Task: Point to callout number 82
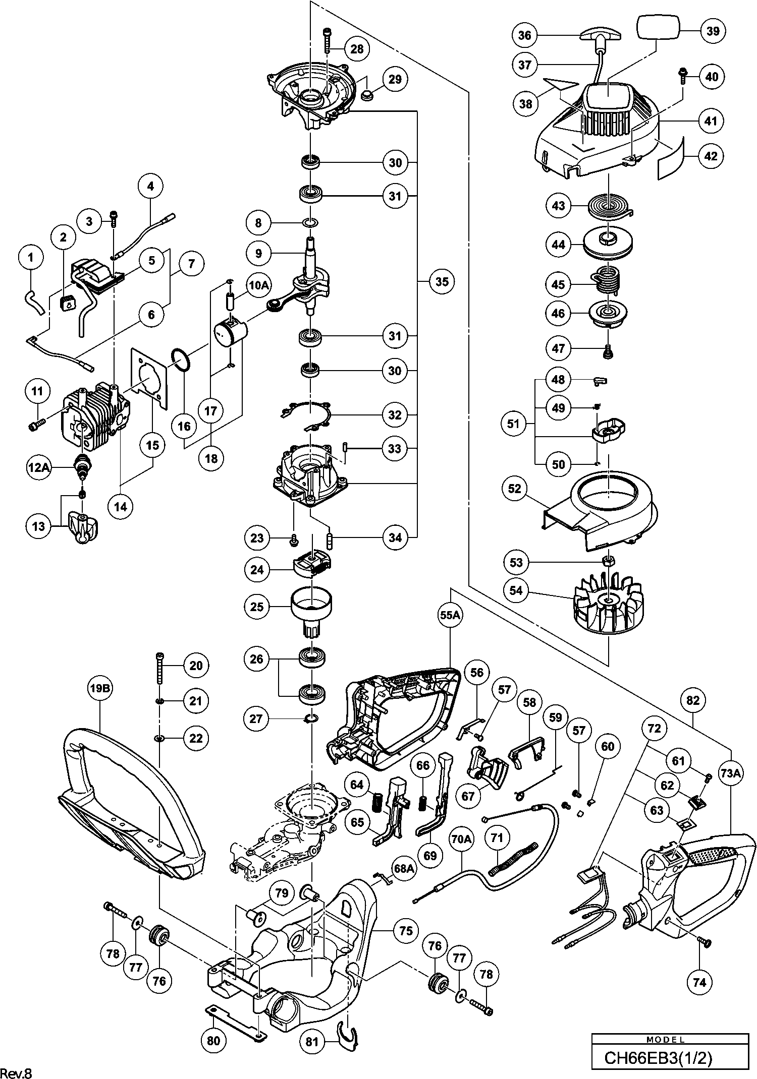pos(693,700)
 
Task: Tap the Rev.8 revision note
pos(17,1072)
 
